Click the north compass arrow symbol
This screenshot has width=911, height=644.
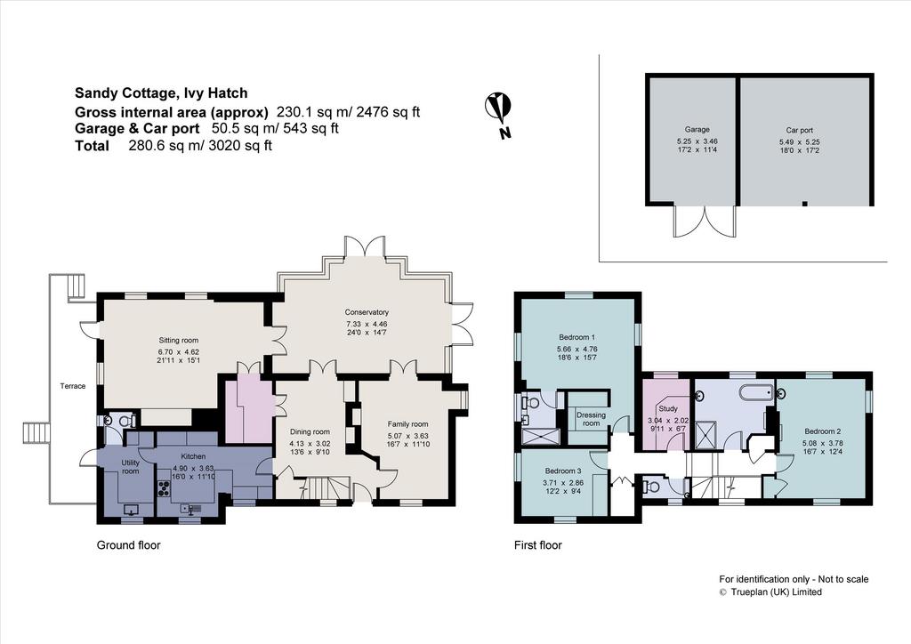[498, 108]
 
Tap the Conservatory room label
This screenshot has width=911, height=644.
[366, 312]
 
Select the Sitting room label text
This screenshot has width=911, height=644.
[178, 341]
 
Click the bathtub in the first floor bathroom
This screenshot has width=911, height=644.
[758, 393]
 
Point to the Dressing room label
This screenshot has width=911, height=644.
[591, 419]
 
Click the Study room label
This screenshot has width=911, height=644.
[668, 409]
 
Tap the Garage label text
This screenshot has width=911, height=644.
[697, 130]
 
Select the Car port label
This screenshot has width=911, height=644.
[800, 130]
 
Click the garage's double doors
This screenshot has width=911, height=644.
[705, 221]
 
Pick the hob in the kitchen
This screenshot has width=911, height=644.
[163, 489]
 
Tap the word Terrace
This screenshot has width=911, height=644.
[73, 386]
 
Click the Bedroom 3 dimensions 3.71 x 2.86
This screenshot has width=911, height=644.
[563, 483]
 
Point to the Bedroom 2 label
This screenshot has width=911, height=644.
[823, 431]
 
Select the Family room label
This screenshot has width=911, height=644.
[407, 424]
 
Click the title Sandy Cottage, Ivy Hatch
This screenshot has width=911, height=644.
[161, 93]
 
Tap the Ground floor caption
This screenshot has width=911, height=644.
[128, 545]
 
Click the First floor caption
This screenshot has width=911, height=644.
[538, 545]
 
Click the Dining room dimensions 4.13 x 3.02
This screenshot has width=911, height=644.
[310, 443]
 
